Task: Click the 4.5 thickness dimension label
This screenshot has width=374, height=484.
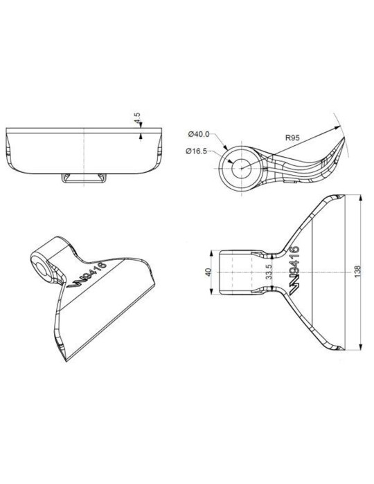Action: point(138,118)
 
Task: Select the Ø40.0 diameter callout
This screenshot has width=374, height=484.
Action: point(199,134)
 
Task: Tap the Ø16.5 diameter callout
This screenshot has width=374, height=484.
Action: point(196,151)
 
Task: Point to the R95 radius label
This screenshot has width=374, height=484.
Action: point(292,138)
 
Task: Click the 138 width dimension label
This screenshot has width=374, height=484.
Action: point(357,272)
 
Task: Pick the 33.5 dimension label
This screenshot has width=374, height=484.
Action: point(269,272)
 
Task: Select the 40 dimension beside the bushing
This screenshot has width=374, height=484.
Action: point(208,272)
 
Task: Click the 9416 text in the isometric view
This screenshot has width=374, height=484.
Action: point(94,271)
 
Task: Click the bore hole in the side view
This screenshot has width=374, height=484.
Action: point(241,168)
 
